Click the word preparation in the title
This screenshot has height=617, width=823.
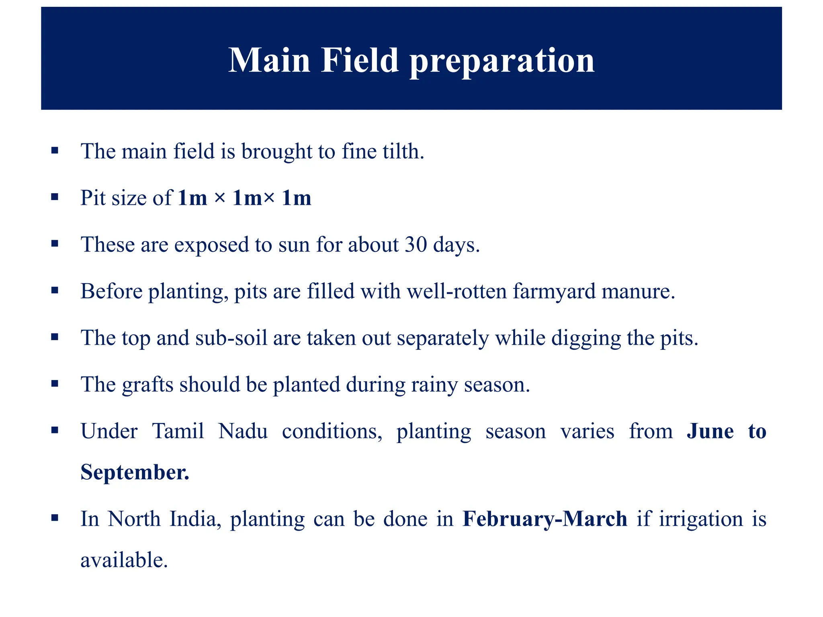(x=502, y=61)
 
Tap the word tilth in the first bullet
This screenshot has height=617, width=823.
(x=403, y=151)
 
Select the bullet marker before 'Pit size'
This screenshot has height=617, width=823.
(x=55, y=197)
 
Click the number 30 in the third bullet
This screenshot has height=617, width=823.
(x=416, y=244)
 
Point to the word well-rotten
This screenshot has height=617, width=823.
(x=457, y=291)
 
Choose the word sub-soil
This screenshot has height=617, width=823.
(x=231, y=338)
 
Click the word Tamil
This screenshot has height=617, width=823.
(x=178, y=431)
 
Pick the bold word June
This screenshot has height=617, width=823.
(x=710, y=431)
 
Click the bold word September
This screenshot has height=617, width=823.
(x=135, y=472)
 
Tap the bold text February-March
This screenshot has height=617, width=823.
(x=545, y=519)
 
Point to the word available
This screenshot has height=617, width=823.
(x=124, y=560)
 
